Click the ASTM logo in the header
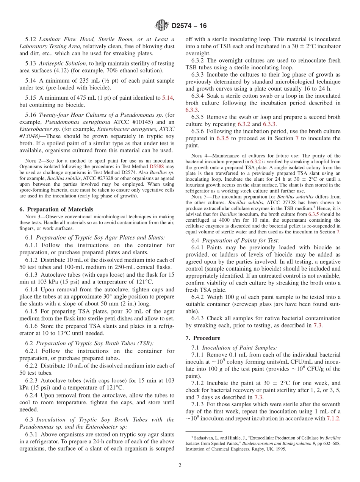(162, 26)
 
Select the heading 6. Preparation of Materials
(56, 209)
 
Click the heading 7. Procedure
(207, 338)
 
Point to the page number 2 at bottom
(180, 465)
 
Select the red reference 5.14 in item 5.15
(167, 98)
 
